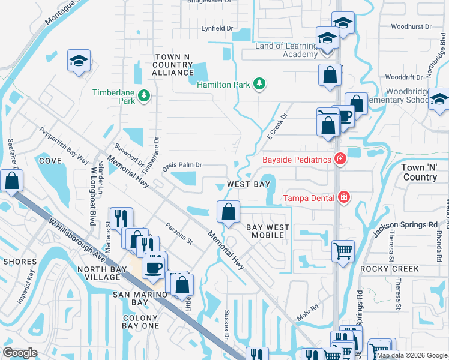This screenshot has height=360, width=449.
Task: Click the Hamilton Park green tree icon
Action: click(x=259, y=85)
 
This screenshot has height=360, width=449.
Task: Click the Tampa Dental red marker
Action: click(x=343, y=197)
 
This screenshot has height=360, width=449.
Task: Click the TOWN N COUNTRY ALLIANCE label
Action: click(x=172, y=64)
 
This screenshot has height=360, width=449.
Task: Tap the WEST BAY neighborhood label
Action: click(x=248, y=184)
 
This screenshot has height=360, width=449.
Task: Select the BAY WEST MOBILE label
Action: click(x=268, y=231)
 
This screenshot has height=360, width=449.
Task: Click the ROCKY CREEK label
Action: click(x=388, y=269)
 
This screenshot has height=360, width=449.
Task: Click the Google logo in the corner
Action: click(x=20, y=353)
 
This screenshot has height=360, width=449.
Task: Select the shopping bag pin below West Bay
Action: click(x=228, y=211)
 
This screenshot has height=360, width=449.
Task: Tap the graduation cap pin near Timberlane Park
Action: click(x=78, y=62)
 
